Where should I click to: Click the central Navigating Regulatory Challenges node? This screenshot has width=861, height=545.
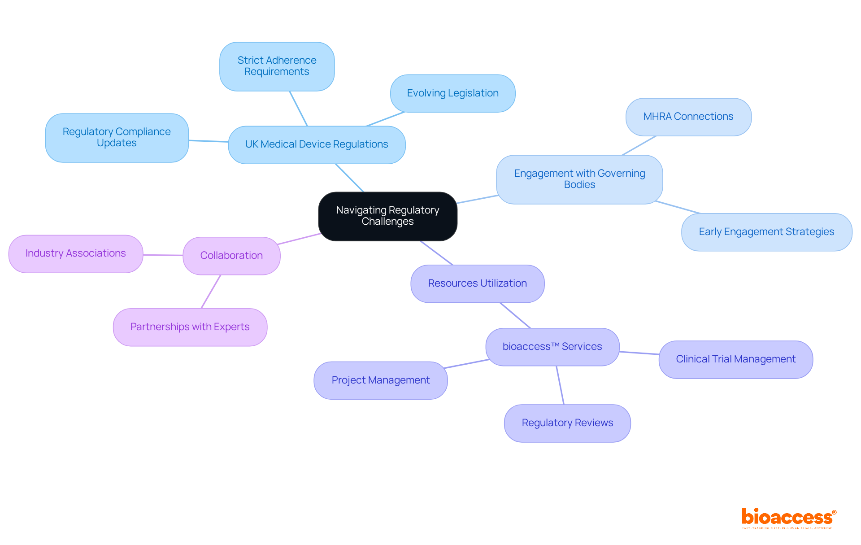point(387,216)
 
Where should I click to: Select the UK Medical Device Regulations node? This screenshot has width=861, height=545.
point(317,144)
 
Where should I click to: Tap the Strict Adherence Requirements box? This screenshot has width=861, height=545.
point(277,66)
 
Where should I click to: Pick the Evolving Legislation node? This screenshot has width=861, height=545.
point(452,93)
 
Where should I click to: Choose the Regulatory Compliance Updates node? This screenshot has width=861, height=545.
point(117,138)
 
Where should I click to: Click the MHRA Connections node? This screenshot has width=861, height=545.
point(688,117)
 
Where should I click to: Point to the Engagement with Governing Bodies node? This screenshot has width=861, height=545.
point(579,179)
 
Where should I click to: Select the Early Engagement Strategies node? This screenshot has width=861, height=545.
point(766,232)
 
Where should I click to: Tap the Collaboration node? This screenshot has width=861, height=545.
point(231,256)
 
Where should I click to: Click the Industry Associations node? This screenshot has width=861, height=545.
point(76,253)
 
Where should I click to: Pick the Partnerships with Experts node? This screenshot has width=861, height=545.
point(190,327)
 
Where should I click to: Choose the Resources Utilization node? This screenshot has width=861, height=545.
point(477,283)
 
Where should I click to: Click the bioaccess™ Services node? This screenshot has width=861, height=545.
point(552,347)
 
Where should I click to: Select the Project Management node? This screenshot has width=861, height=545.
point(380,380)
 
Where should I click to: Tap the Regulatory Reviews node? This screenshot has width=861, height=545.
point(567,423)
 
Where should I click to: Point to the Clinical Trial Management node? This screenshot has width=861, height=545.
point(735,359)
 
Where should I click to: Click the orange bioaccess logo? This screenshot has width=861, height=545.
point(788,518)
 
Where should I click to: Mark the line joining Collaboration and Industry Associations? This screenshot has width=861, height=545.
point(163,255)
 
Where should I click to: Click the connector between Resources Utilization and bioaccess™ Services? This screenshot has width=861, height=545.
point(515,315)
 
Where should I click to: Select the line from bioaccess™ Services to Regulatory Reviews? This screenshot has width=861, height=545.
point(560,385)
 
